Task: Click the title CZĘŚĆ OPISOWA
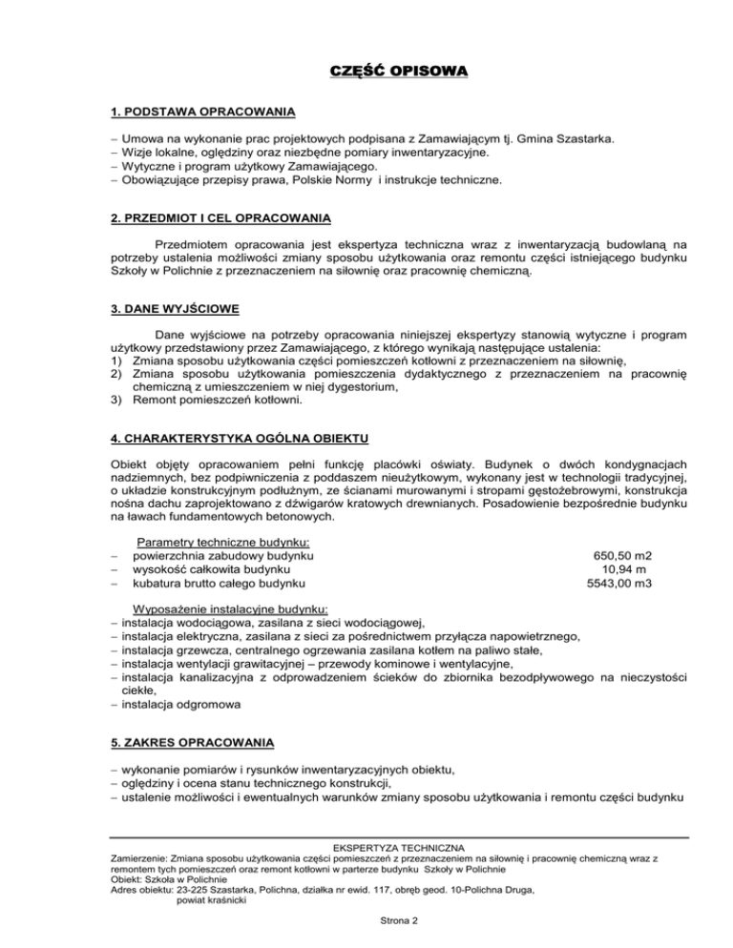tap(366, 72)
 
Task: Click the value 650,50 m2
tap(626, 554)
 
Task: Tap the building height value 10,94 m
tap(626, 568)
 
